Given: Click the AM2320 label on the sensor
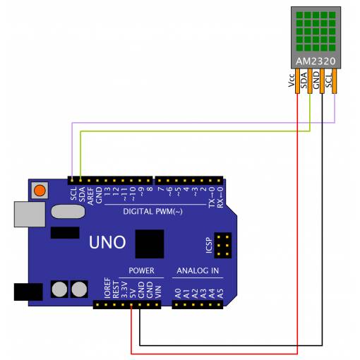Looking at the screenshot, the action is pos(316,61).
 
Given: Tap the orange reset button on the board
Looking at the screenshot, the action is pos(40,190).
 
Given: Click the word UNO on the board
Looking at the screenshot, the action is pos(107,242).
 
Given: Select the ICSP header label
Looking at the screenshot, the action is pos(209,246).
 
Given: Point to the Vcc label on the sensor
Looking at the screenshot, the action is pos(292,80).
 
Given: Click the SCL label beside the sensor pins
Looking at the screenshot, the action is pos(328,80).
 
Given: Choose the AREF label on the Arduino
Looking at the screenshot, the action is pos(90,196).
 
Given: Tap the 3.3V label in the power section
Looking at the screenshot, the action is pos(124,290).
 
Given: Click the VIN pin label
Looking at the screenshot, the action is pos(158,292).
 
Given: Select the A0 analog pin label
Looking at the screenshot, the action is pos(178,294).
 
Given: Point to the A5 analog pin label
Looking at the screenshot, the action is pos(220,294).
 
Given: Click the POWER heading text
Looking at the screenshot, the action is pos(141,270).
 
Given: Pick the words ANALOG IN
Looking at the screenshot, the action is pos(198,270).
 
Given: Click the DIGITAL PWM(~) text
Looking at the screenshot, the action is pos(152,212).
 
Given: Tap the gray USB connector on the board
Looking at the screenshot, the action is pos(30,214).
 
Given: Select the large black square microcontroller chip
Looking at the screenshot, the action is pos(150,244).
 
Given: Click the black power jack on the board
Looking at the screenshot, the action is pos(28,292).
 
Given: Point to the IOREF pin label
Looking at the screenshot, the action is pos(107,288).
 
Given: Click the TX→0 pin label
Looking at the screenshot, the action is pos(212,197).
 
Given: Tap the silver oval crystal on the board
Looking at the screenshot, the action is pos(68,211).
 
